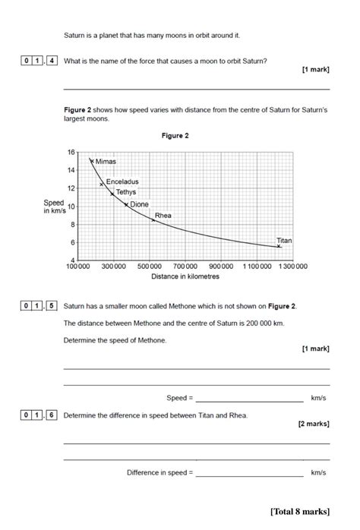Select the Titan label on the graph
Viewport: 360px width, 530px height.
pyautogui.click(x=284, y=240)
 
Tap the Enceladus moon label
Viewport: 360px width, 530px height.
pyautogui.click(x=122, y=182)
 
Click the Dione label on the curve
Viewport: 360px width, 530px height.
pyautogui.click(x=140, y=204)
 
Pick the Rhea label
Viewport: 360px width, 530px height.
pyautogui.click(x=163, y=216)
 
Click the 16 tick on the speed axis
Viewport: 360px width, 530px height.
pyautogui.click(x=71, y=152)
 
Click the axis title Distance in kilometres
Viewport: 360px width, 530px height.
pyautogui.click(x=185, y=277)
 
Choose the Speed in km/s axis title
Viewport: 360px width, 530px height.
pyautogui.click(x=54, y=207)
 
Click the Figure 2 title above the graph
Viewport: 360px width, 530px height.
pyautogui.click(x=175, y=136)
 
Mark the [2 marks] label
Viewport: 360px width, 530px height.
pyautogui.click(x=314, y=425)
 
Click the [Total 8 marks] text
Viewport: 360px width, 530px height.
pyautogui.click(x=299, y=511)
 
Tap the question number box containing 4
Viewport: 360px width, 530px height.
pyautogui.click(x=52, y=60)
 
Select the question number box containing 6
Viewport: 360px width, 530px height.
pyautogui.click(x=52, y=415)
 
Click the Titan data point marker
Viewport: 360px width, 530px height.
pyautogui.click(x=279, y=246)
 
